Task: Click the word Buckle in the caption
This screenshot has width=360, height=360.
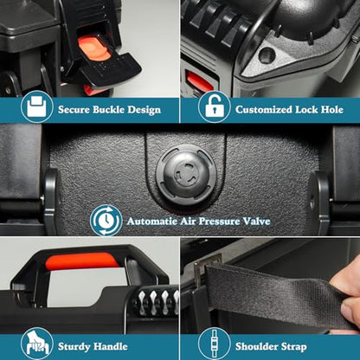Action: click(x=109, y=110)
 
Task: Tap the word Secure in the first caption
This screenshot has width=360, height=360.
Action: click(x=74, y=110)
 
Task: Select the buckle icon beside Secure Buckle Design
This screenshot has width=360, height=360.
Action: click(x=37, y=106)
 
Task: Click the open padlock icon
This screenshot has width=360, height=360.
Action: click(x=215, y=106)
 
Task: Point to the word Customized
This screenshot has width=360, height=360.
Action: click(x=264, y=110)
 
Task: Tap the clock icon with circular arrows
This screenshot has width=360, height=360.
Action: click(x=106, y=221)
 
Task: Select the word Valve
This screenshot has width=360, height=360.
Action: click(x=256, y=222)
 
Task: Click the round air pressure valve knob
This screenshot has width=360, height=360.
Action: click(x=186, y=175)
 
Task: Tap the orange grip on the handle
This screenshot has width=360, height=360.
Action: click(x=82, y=261)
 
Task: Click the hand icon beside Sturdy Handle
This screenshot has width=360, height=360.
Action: click(x=37, y=344)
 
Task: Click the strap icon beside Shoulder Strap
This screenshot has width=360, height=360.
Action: click(x=215, y=344)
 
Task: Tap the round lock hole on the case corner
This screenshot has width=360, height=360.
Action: click(x=267, y=55)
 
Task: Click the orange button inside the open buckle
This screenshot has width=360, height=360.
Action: click(x=94, y=48)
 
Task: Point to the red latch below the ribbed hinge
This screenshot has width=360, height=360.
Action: click(x=199, y=81)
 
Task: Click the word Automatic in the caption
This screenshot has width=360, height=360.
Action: click(x=152, y=222)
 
